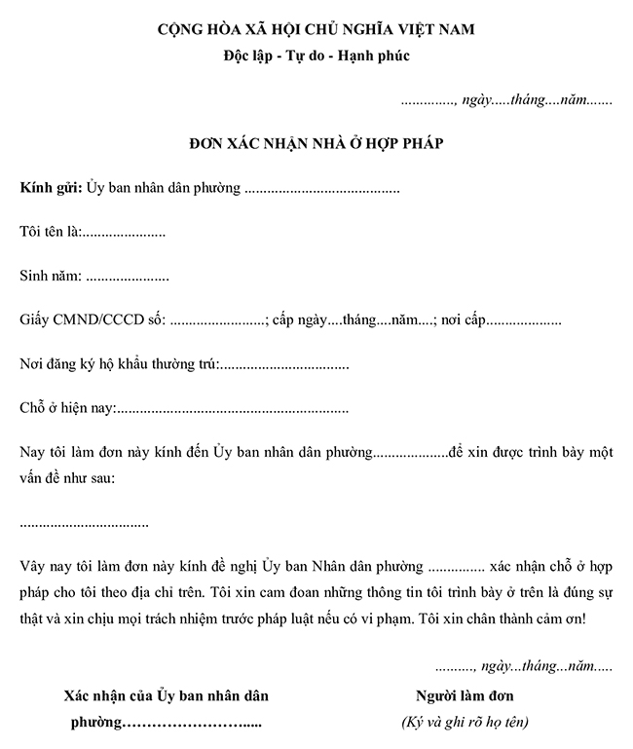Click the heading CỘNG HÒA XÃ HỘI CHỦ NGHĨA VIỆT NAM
316,30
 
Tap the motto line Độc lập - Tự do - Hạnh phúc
316,56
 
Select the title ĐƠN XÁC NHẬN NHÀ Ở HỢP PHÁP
316,144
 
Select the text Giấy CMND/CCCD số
93,320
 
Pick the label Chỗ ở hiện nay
67,409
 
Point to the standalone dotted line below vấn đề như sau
84,524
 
